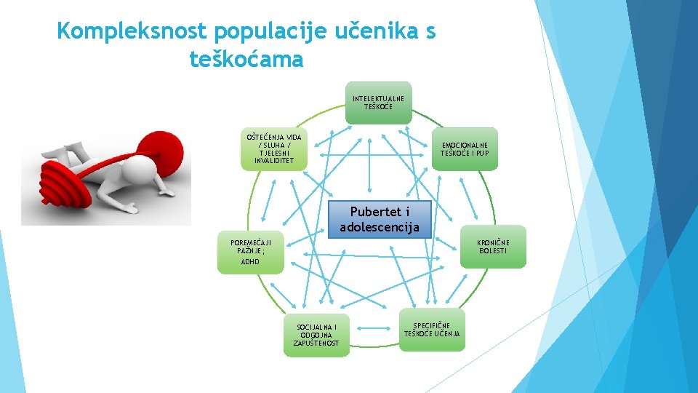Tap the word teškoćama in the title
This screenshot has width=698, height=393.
[x=246, y=60]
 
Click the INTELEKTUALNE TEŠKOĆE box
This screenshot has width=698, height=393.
[x=379, y=103]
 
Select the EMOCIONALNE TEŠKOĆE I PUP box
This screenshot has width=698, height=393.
[x=465, y=149]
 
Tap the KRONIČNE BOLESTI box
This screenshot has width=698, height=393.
[x=493, y=247]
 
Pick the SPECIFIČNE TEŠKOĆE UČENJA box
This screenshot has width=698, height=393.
[x=432, y=330]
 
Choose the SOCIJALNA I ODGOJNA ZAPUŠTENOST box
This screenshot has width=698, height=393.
[x=316, y=336]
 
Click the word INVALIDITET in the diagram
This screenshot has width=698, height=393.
[x=274, y=161]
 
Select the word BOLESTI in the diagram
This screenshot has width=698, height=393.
[x=493, y=251]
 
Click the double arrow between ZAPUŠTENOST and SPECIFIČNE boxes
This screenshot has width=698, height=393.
[x=376, y=330]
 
